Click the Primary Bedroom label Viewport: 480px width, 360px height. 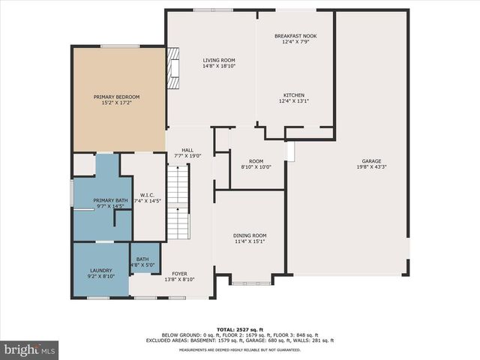(x=116, y=97)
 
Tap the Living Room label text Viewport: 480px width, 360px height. (x=219, y=60)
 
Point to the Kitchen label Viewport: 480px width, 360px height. (x=293, y=95)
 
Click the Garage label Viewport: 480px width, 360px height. (x=372, y=161)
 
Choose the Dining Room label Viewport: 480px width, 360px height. (x=250, y=235)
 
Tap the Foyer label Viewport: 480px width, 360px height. (x=179, y=274)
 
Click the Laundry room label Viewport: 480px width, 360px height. (x=101, y=270)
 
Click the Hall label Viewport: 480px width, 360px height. (x=177, y=150)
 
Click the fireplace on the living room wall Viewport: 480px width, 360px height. (x=174, y=69)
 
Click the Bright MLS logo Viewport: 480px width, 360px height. (x=30, y=349)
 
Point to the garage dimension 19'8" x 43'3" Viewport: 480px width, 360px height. (x=372, y=167)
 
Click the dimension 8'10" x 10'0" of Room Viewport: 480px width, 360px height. (x=256, y=167)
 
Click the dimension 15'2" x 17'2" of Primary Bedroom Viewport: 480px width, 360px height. (x=116, y=103)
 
